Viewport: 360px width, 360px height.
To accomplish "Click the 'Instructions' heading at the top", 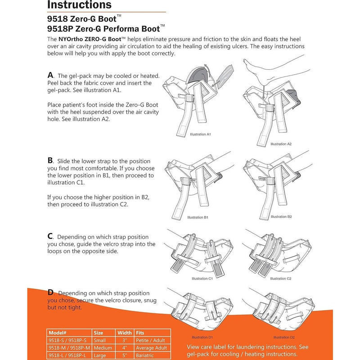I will [79, 5].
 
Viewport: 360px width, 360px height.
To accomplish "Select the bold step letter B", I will [50, 160].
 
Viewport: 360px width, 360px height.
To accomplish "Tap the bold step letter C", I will [50, 236].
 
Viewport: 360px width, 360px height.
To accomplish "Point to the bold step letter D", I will [50, 292].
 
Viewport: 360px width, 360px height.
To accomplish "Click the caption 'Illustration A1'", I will [200, 134].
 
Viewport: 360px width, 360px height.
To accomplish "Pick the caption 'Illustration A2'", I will [281, 144].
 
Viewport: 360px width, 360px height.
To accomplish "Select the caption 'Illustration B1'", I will [198, 217].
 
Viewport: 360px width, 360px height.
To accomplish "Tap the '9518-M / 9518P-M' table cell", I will [68, 347].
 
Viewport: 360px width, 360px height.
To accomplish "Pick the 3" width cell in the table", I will [124, 340].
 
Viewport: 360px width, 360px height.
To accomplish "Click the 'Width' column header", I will [125, 333].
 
